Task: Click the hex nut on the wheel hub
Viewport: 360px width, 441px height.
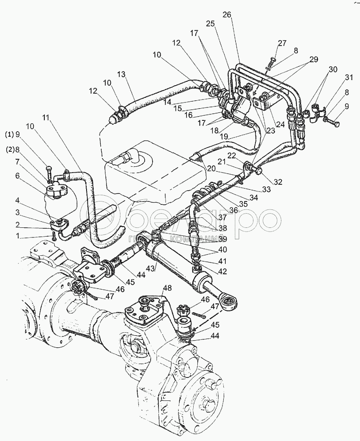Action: click(x=208, y=404)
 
